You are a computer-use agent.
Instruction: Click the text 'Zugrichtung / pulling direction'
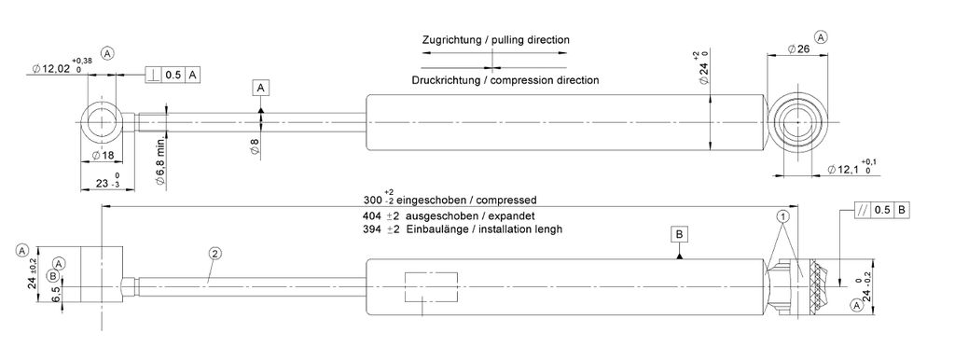pos(496,40)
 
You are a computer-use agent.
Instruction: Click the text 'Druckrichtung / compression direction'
pos(505,80)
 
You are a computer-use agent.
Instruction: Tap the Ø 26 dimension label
pos(798,49)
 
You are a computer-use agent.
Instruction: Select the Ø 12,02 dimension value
pos(51,69)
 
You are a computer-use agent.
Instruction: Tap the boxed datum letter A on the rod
pos(261,89)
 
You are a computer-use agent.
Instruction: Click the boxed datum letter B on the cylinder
pos(680,234)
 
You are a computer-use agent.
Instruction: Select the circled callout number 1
pos(783,216)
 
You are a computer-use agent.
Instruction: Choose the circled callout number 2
pos(214,253)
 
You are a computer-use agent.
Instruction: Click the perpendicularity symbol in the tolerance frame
pos(154,75)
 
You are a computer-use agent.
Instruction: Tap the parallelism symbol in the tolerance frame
pos(861,210)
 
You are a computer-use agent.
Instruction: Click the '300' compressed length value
pos(371,200)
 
